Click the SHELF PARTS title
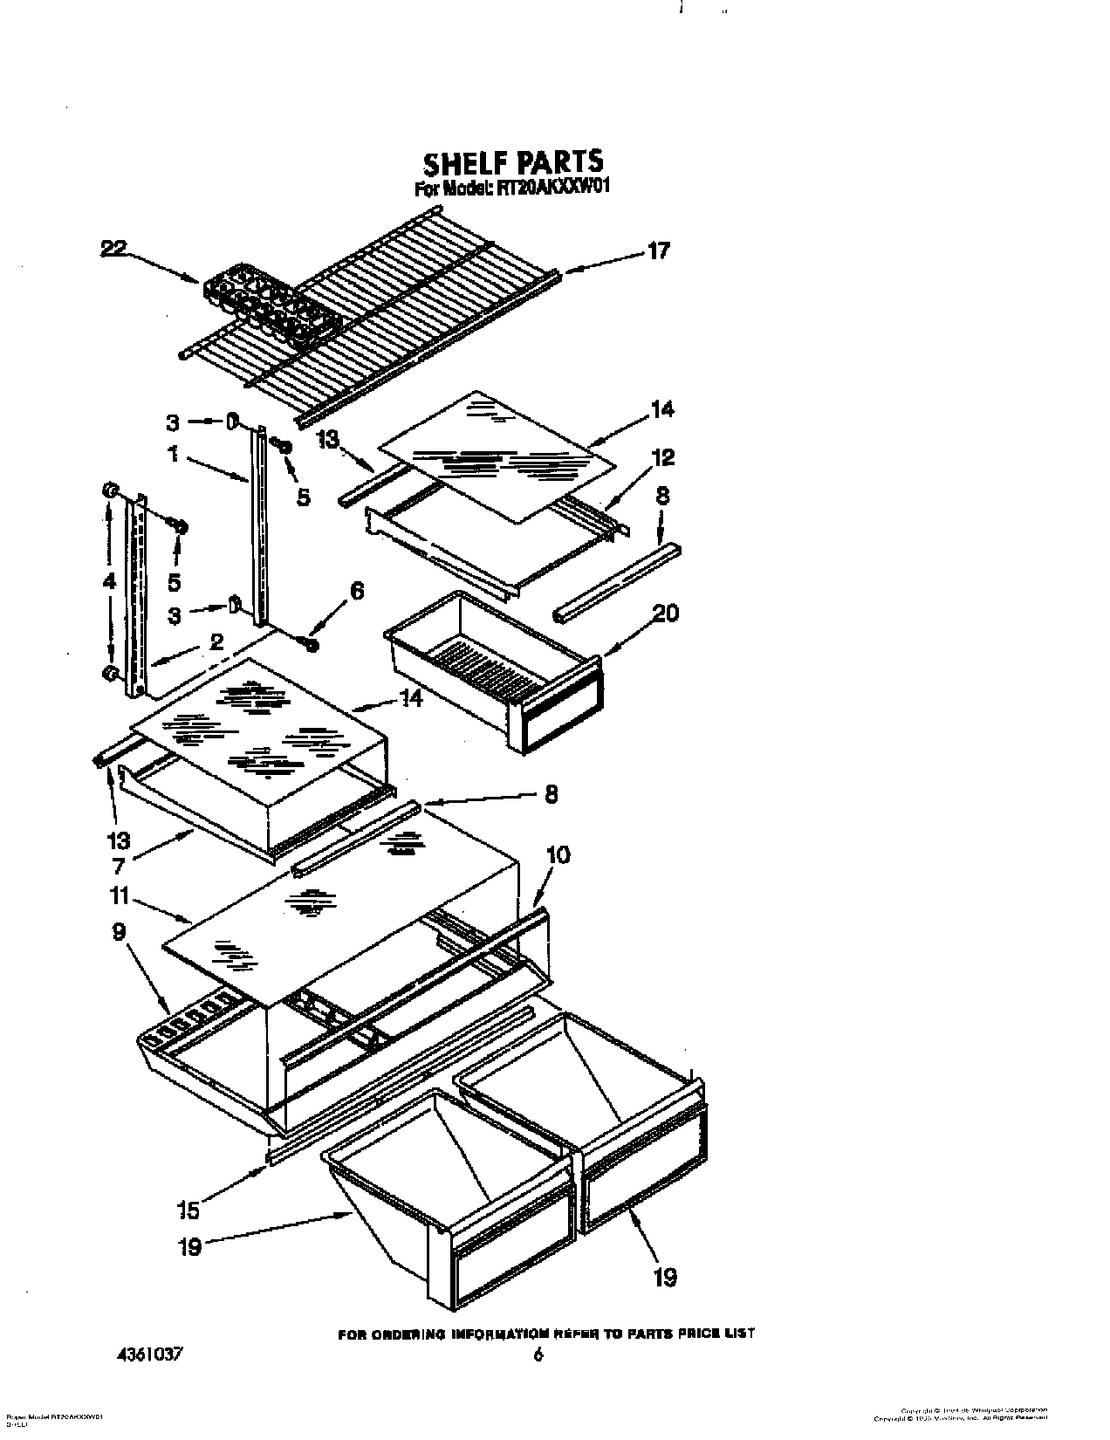(x=512, y=162)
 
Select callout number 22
(x=113, y=249)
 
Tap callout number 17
(x=659, y=251)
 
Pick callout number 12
(x=662, y=456)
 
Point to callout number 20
(x=665, y=614)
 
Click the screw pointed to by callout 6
(x=310, y=645)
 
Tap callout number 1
(x=174, y=455)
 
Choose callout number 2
(x=216, y=642)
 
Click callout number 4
(x=109, y=581)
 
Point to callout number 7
(x=118, y=866)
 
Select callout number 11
(x=120, y=895)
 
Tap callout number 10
(x=558, y=854)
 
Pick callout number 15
(x=188, y=1210)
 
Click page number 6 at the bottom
(x=538, y=1355)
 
